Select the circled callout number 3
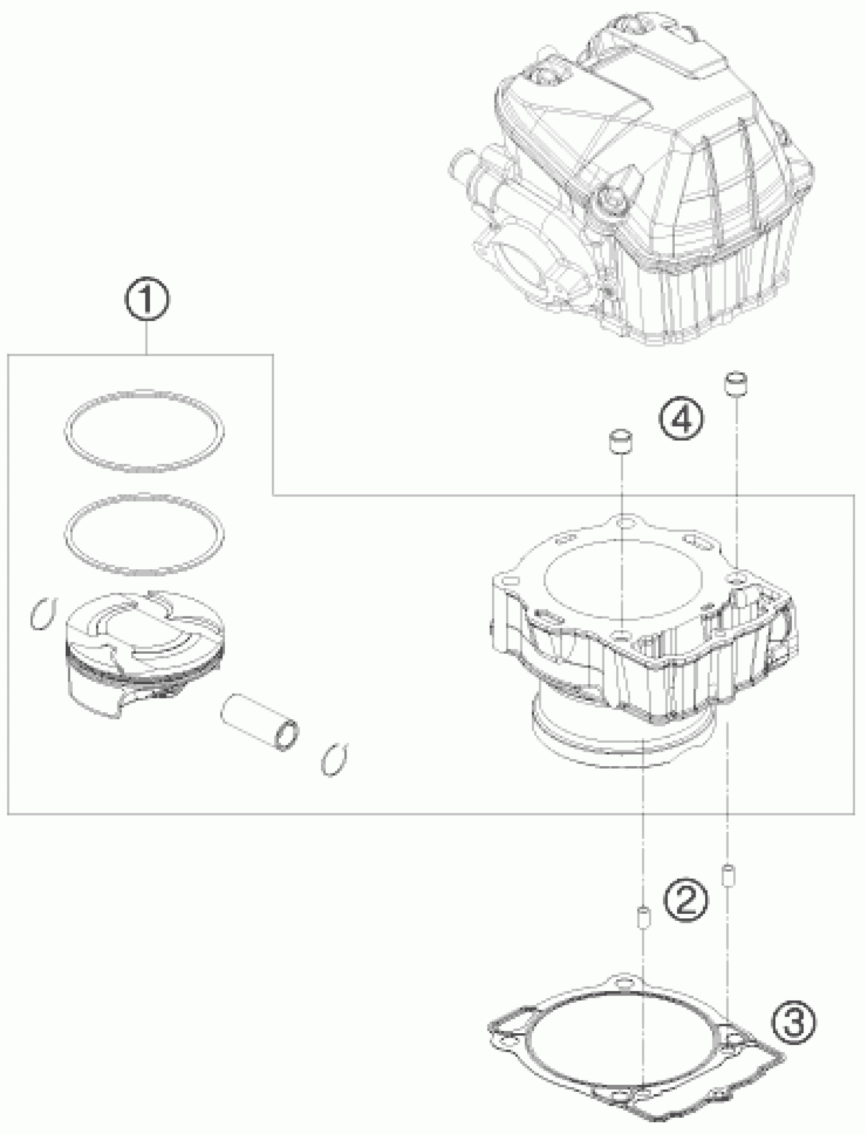pyautogui.click(x=793, y=1022)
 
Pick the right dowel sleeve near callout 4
pyautogui.click(x=737, y=383)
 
